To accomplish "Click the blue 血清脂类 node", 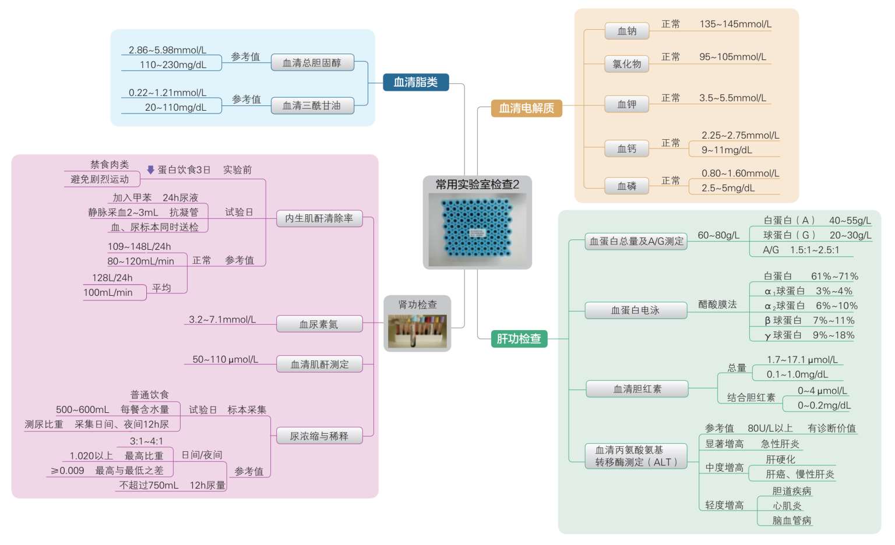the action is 415,82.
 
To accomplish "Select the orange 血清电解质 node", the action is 526,108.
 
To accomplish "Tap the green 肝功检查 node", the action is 519,339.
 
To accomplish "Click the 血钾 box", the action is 626,104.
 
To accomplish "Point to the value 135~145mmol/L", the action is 735,24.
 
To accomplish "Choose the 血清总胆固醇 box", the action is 312,63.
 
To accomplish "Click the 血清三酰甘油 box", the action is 312,106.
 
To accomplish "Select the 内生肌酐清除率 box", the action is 319,218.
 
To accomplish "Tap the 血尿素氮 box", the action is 319,324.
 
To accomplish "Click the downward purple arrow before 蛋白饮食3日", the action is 150,169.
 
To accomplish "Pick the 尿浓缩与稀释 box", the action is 319,436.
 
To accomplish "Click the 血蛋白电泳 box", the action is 636,310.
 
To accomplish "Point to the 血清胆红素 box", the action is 637,389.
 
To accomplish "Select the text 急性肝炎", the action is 780,444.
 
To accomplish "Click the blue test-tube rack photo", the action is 477,229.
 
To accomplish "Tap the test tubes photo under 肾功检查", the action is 418,331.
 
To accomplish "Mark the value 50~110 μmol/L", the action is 225,359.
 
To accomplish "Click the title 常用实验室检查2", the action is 477,185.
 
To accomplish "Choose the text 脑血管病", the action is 791,521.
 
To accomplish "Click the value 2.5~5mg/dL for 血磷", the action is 728,188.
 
